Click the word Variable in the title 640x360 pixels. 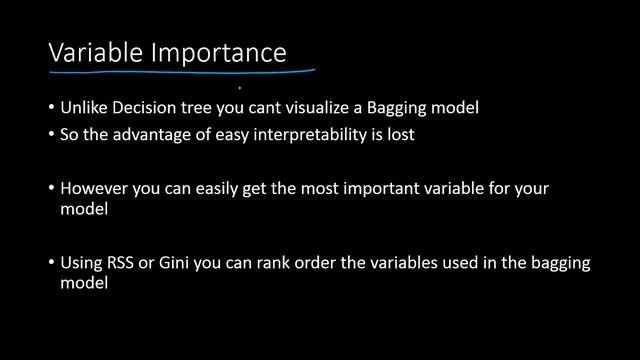point(97,52)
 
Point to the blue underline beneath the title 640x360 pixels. point(180,72)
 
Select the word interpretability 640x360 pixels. point(304,134)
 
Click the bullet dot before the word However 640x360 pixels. point(52,189)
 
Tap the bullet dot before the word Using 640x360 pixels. point(52,264)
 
